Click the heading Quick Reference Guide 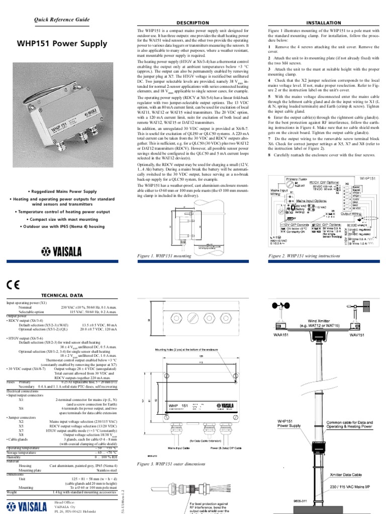(x=62, y=20)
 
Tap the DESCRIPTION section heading (x=192, y=23)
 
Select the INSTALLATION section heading (x=322, y=23)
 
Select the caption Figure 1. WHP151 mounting (x=164, y=256)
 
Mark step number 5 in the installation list (x=270, y=96)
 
